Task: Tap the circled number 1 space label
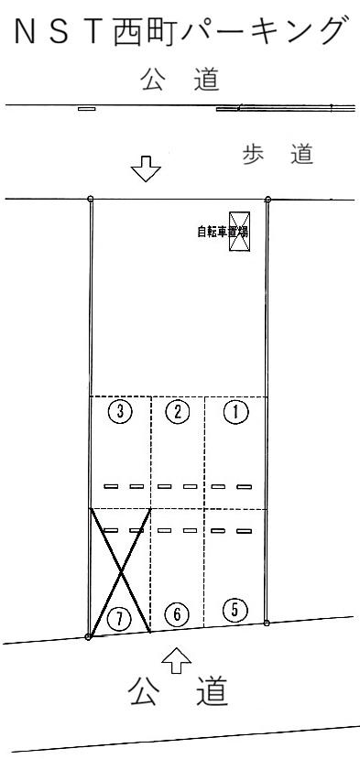[236, 412]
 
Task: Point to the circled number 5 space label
[235, 609]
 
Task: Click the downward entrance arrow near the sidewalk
[145, 169]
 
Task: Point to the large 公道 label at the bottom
[179, 693]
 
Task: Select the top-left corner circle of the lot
[90, 199]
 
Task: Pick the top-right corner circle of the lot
[267, 199]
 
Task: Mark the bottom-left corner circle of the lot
[88, 636]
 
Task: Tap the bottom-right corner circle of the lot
[267, 623]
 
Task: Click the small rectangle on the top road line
[86, 108]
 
